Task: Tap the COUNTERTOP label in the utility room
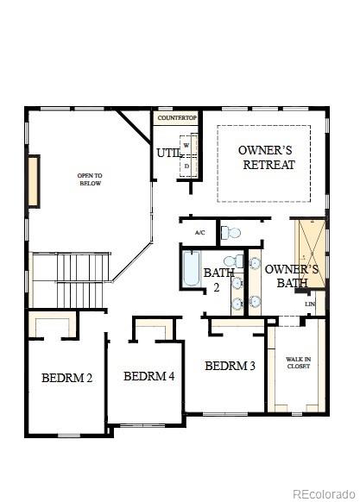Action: click(176, 117)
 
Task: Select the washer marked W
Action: click(186, 146)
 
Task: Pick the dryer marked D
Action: click(186, 165)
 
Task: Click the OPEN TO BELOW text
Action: click(91, 179)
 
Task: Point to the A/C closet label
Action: click(199, 233)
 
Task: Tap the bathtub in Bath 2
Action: click(191, 269)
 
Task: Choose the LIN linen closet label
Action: click(309, 304)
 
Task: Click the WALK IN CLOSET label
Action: click(298, 361)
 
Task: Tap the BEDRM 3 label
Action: click(230, 366)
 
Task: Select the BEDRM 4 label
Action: click(148, 376)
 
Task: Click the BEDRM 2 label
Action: click(66, 377)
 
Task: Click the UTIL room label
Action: click(168, 154)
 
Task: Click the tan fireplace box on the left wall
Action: click(35, 182)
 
